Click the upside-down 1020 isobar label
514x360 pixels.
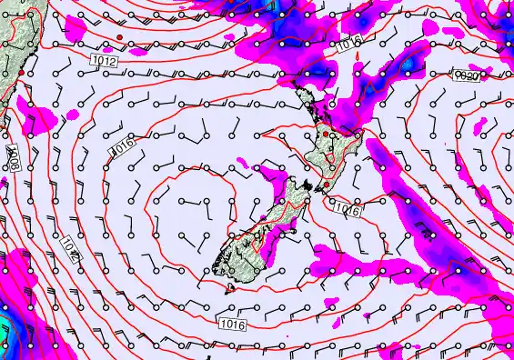(x=468, y=77)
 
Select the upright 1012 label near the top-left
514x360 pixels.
(x=104, y=60)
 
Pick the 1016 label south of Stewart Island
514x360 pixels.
(x=231, y=323)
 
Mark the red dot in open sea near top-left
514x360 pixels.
(x=119, y=36)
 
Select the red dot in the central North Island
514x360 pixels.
(x=325, y=135)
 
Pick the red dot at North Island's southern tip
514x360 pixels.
(x=327, y=185)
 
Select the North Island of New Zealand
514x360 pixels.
(x=328, y=145)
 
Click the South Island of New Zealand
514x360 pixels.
(x=259, y=227)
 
